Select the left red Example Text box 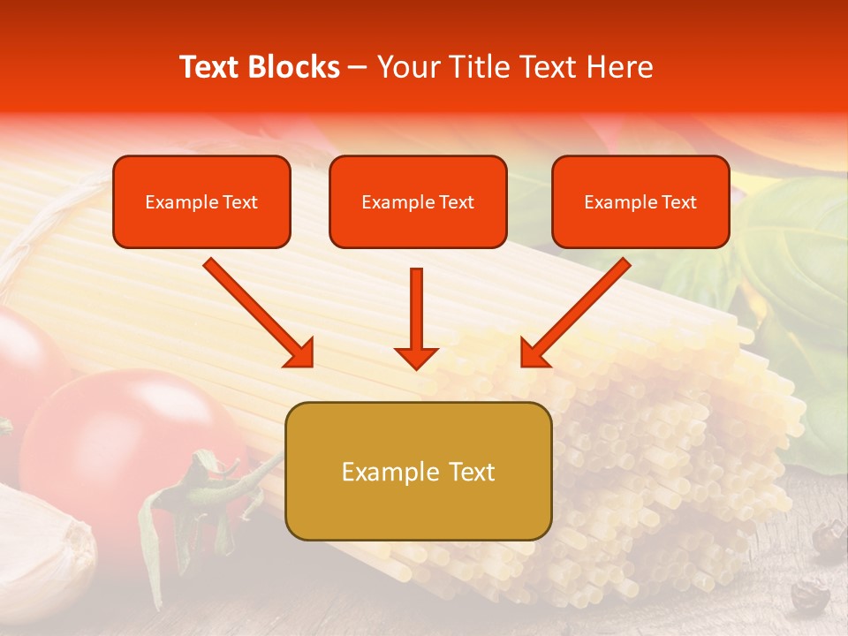pyautogui.click(x=201, y=201)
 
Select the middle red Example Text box pyautogui.click(x=418, y=201)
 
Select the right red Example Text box pyautogui.click(x=640, y=201)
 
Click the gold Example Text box pyautogui.click(x=418, y=471)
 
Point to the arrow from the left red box pyautogui.click(x=258, y=313)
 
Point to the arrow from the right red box pyautogui.click(x=575, y=313)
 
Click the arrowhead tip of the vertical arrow pyautogui.click(x=416, y=366)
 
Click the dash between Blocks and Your pyautogui.click(x=358, y=67)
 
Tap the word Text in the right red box pyautogui.click(x=678, y=201)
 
